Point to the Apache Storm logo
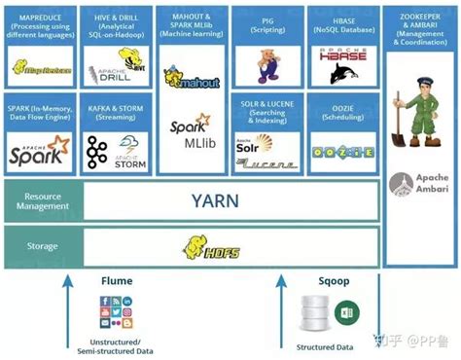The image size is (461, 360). (115, 151)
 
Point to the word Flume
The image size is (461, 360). (116, 281)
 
